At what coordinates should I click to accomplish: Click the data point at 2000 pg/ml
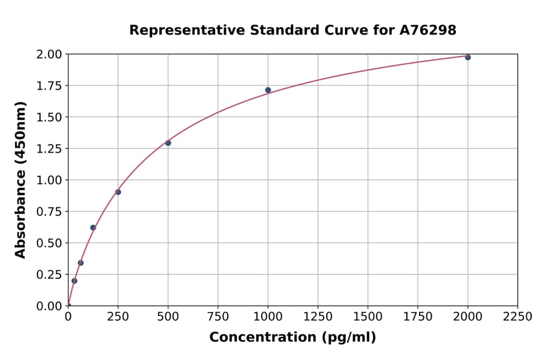467,57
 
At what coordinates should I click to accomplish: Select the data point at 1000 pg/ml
268,90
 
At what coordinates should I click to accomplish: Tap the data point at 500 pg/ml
168,143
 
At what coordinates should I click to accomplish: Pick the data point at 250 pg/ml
118,192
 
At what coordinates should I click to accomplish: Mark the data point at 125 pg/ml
93,228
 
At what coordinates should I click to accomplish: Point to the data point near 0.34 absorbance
81,263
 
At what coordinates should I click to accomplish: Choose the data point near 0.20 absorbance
74,281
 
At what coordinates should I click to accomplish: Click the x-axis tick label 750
218,317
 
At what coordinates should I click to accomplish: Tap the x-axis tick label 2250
517,317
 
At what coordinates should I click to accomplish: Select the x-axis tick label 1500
368,317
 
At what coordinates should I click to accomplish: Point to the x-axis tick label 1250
317,317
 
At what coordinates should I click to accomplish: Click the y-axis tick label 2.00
49,55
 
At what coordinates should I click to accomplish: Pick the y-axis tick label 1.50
49,117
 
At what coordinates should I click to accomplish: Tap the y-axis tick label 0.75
49,212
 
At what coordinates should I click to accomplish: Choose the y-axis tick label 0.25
49,275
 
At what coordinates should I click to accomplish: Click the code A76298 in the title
429,30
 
